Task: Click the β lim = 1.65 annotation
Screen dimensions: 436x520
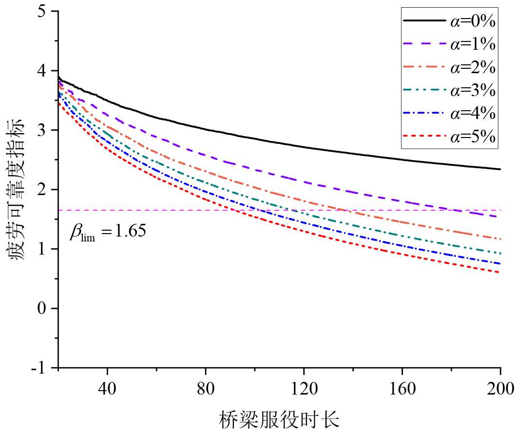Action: click(108, 231)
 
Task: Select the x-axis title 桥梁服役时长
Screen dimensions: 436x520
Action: click(280, 419)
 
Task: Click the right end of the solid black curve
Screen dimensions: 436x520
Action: click(500, 169)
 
